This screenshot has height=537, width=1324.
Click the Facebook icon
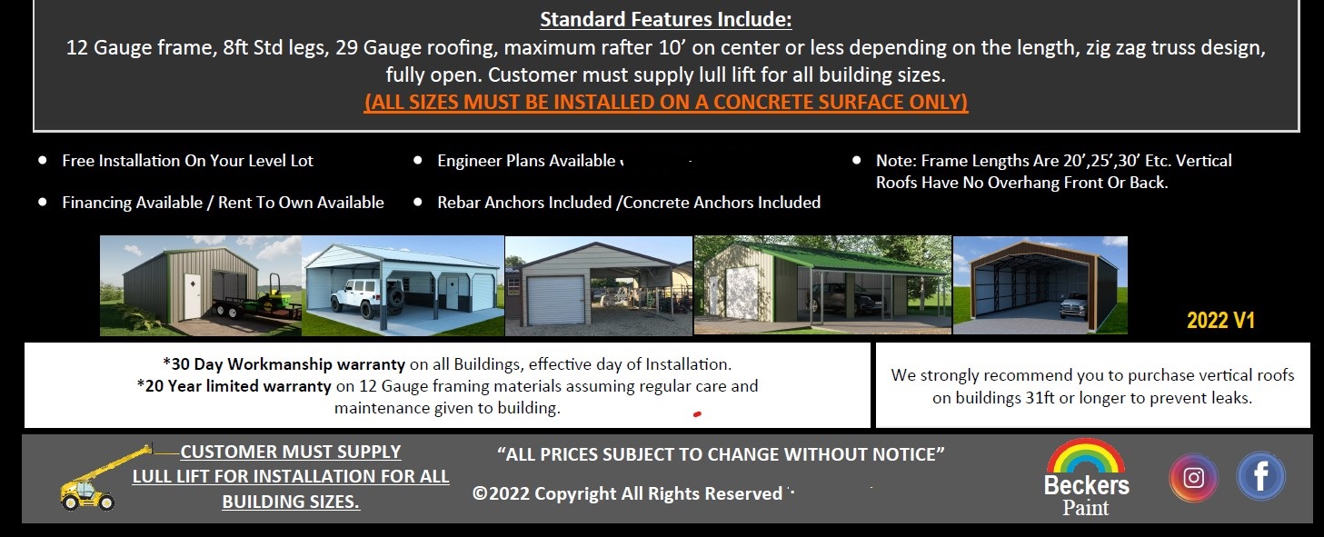coord(1260,476)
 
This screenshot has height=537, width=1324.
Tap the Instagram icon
coord(1193,477)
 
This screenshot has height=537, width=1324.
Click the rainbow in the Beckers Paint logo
coord(1086,456)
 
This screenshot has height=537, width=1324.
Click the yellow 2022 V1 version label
coord(1220,320)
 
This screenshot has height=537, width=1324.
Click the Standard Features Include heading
coord(665,19)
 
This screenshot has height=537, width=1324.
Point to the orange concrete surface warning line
coord(665,102)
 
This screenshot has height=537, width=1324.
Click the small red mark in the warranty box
coord(697,414)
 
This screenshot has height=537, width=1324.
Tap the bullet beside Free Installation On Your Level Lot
coord(43,160)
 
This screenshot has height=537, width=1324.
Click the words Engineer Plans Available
coord(526,161)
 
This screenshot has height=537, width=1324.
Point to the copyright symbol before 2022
coord(480,493)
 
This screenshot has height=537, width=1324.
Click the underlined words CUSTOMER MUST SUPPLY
coord(290,452)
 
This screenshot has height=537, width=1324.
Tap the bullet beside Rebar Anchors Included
coord(418,202)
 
